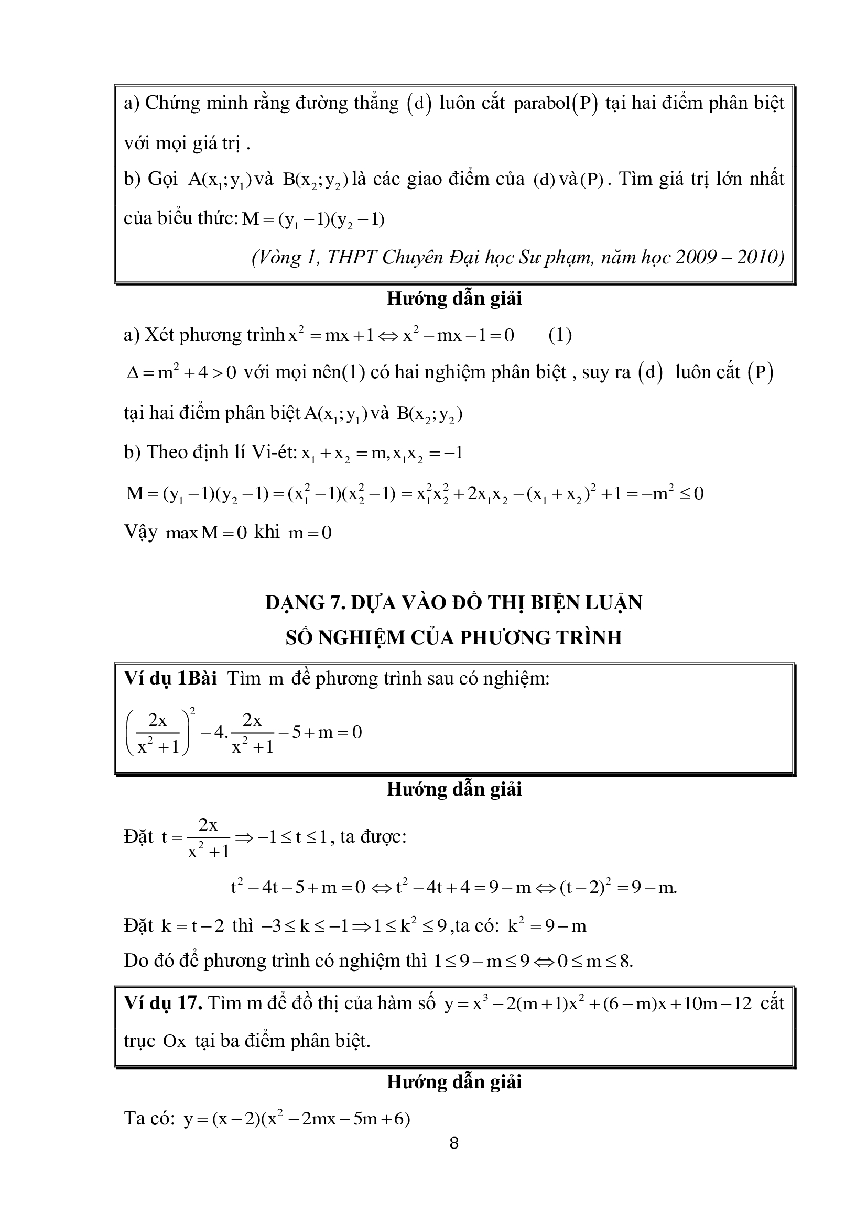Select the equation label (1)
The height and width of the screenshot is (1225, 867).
(x=560, y=335)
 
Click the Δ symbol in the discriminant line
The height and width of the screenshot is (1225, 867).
(x=133, y=373)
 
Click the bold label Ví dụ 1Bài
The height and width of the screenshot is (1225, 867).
(x=170, y=678)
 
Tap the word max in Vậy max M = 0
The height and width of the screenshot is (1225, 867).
(x=181, y=533)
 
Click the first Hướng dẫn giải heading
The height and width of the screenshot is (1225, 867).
(x=454, y=298)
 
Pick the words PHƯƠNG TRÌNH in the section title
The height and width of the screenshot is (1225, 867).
(x=540, y=637)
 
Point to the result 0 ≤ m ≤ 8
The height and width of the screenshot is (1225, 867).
(x=595, y=961)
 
